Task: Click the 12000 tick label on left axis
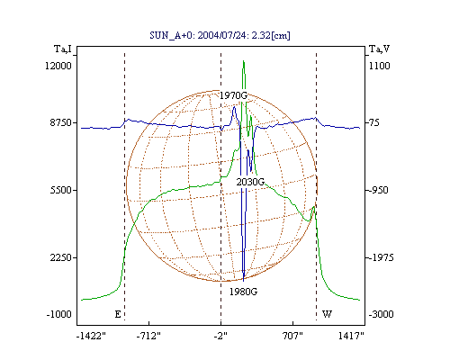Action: tap(58, 66)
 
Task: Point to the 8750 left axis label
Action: tap(61, 122)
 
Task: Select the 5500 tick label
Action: tap(61, 190)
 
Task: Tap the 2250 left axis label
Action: tap(61, 257)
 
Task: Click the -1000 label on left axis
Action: tap(59, 314)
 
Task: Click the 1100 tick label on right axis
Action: tap(380, 66)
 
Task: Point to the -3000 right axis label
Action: tap(382, 314)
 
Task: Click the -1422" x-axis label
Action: tap(91, 336)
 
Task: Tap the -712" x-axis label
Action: tap(148, 336)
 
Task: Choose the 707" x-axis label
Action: tap(292, 336)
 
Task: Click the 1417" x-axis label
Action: tap(351, 336)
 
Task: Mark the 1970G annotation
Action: tap(234, 95)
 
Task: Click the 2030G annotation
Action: tap(250, 182)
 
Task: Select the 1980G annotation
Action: tap(243, 292)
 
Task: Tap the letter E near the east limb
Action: tap(118, 314)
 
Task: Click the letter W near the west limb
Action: tap(327, 314)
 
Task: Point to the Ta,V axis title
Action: tap(380, 49)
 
